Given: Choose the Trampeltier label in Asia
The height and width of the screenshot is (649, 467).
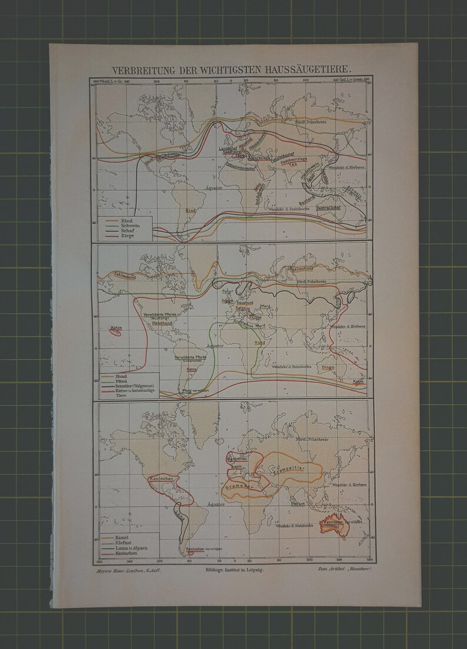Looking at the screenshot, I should [x=287, y=471].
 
